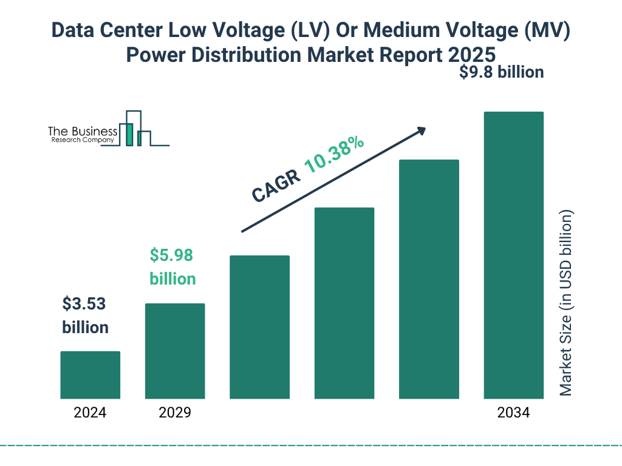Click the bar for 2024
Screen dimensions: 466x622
(90, 375)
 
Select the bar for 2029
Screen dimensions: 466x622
(175, 351)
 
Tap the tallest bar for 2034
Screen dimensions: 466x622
(513, 255)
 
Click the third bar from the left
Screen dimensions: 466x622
(259, 327)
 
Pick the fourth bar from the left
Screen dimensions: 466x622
(344, 303)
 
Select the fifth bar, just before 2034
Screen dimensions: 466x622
(429, 279)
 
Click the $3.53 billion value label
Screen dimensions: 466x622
(85, 316)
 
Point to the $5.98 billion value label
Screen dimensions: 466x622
(173, 267)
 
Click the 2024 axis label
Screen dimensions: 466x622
(90, 413)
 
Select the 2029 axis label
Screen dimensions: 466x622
(175, 413)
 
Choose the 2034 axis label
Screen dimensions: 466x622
(513, 413)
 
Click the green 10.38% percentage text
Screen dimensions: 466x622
(334, 155)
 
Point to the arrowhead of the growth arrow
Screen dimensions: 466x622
(420, 131)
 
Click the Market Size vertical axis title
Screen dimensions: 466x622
(566, 303)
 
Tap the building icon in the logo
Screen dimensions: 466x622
(135, 129)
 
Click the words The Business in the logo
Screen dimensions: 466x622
(83, 131)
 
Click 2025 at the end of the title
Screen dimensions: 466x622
(472, 55)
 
